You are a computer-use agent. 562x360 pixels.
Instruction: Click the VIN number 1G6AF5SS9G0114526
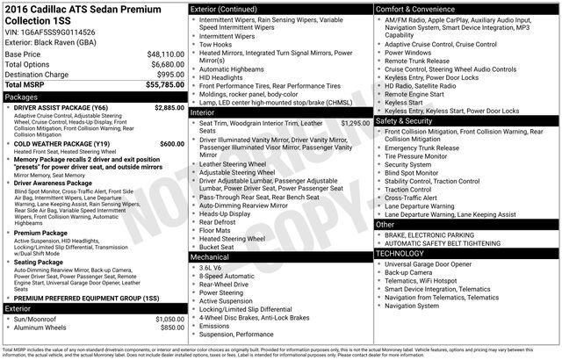pyautogui.click(x=61, y=31)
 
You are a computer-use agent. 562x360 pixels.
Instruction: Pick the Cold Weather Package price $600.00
pyautogui.click(x=171, y=143)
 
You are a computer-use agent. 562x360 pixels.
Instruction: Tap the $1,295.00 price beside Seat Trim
pyautogui.click(x=356, y=124)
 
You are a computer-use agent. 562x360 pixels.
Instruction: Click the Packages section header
pyautogui.click(x=22, y=97)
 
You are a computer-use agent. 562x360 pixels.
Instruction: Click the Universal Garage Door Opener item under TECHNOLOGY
pyautogui.click(x=434, y=263)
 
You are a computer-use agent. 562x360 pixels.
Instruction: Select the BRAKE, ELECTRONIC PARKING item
pyautogui.click(x=429, y=235)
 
